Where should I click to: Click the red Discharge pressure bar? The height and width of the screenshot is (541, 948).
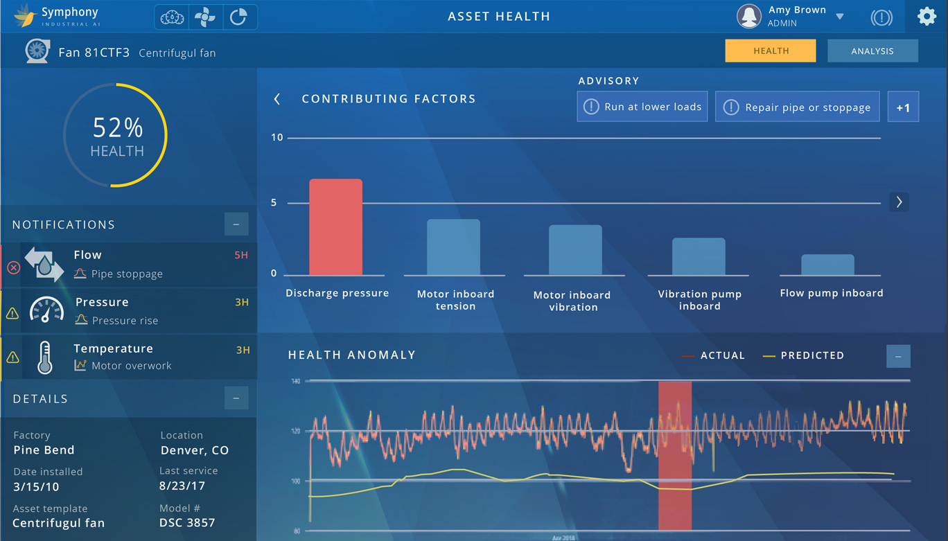click(x=335, y=227)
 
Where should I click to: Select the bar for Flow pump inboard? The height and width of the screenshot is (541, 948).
click(x=827, y=265)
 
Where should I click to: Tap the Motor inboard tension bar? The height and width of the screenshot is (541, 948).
click(x=453, y=247)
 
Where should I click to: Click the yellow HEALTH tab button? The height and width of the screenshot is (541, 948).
click(x=771, y=51)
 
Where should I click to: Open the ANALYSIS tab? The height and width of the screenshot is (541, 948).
click(x=872, y=51)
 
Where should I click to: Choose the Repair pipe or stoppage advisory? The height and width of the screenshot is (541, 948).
click(x=797, y=107)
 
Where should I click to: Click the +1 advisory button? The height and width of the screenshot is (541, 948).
click(x=903, y=107)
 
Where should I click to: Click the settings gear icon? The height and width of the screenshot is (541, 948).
click(x=927, y=16)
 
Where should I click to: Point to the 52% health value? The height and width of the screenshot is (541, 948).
click(x=118, y=127)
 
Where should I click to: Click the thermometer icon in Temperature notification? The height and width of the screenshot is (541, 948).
click(x=45, y=357)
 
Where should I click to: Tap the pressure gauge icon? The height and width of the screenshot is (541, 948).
click(x=47, y=310)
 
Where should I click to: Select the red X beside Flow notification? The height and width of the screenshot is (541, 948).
click(x=13, y=267)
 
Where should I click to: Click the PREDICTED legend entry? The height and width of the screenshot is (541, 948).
click(x=804, y=355)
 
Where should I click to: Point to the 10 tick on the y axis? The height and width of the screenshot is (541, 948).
click(x=277, y=137)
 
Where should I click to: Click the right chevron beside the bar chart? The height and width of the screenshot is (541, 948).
click(x=899, y=202)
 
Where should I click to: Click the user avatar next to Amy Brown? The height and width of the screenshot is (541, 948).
click(x=749, y=16)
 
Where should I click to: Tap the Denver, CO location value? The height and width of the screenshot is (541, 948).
click(x=194, y=450)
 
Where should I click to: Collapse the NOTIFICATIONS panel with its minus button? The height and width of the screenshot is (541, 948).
click(x=236, y=224)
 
